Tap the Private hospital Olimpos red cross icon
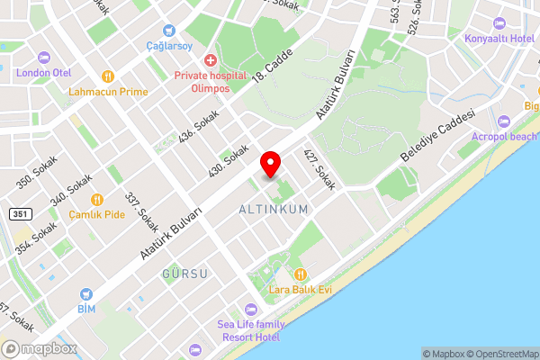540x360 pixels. coord(210,60)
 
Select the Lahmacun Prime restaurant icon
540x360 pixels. coord(108,76)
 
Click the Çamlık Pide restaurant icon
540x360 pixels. coord(97,200)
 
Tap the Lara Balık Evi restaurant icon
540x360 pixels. coord(301,274)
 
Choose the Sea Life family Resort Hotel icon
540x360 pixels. coord(251,309)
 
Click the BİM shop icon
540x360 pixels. coord(85,293)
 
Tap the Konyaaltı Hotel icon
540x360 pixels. coord(499,23)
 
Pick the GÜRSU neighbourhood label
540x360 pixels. coord(185,273)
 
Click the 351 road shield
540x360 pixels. coord(20,214)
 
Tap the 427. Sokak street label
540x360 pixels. coord(319,169)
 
